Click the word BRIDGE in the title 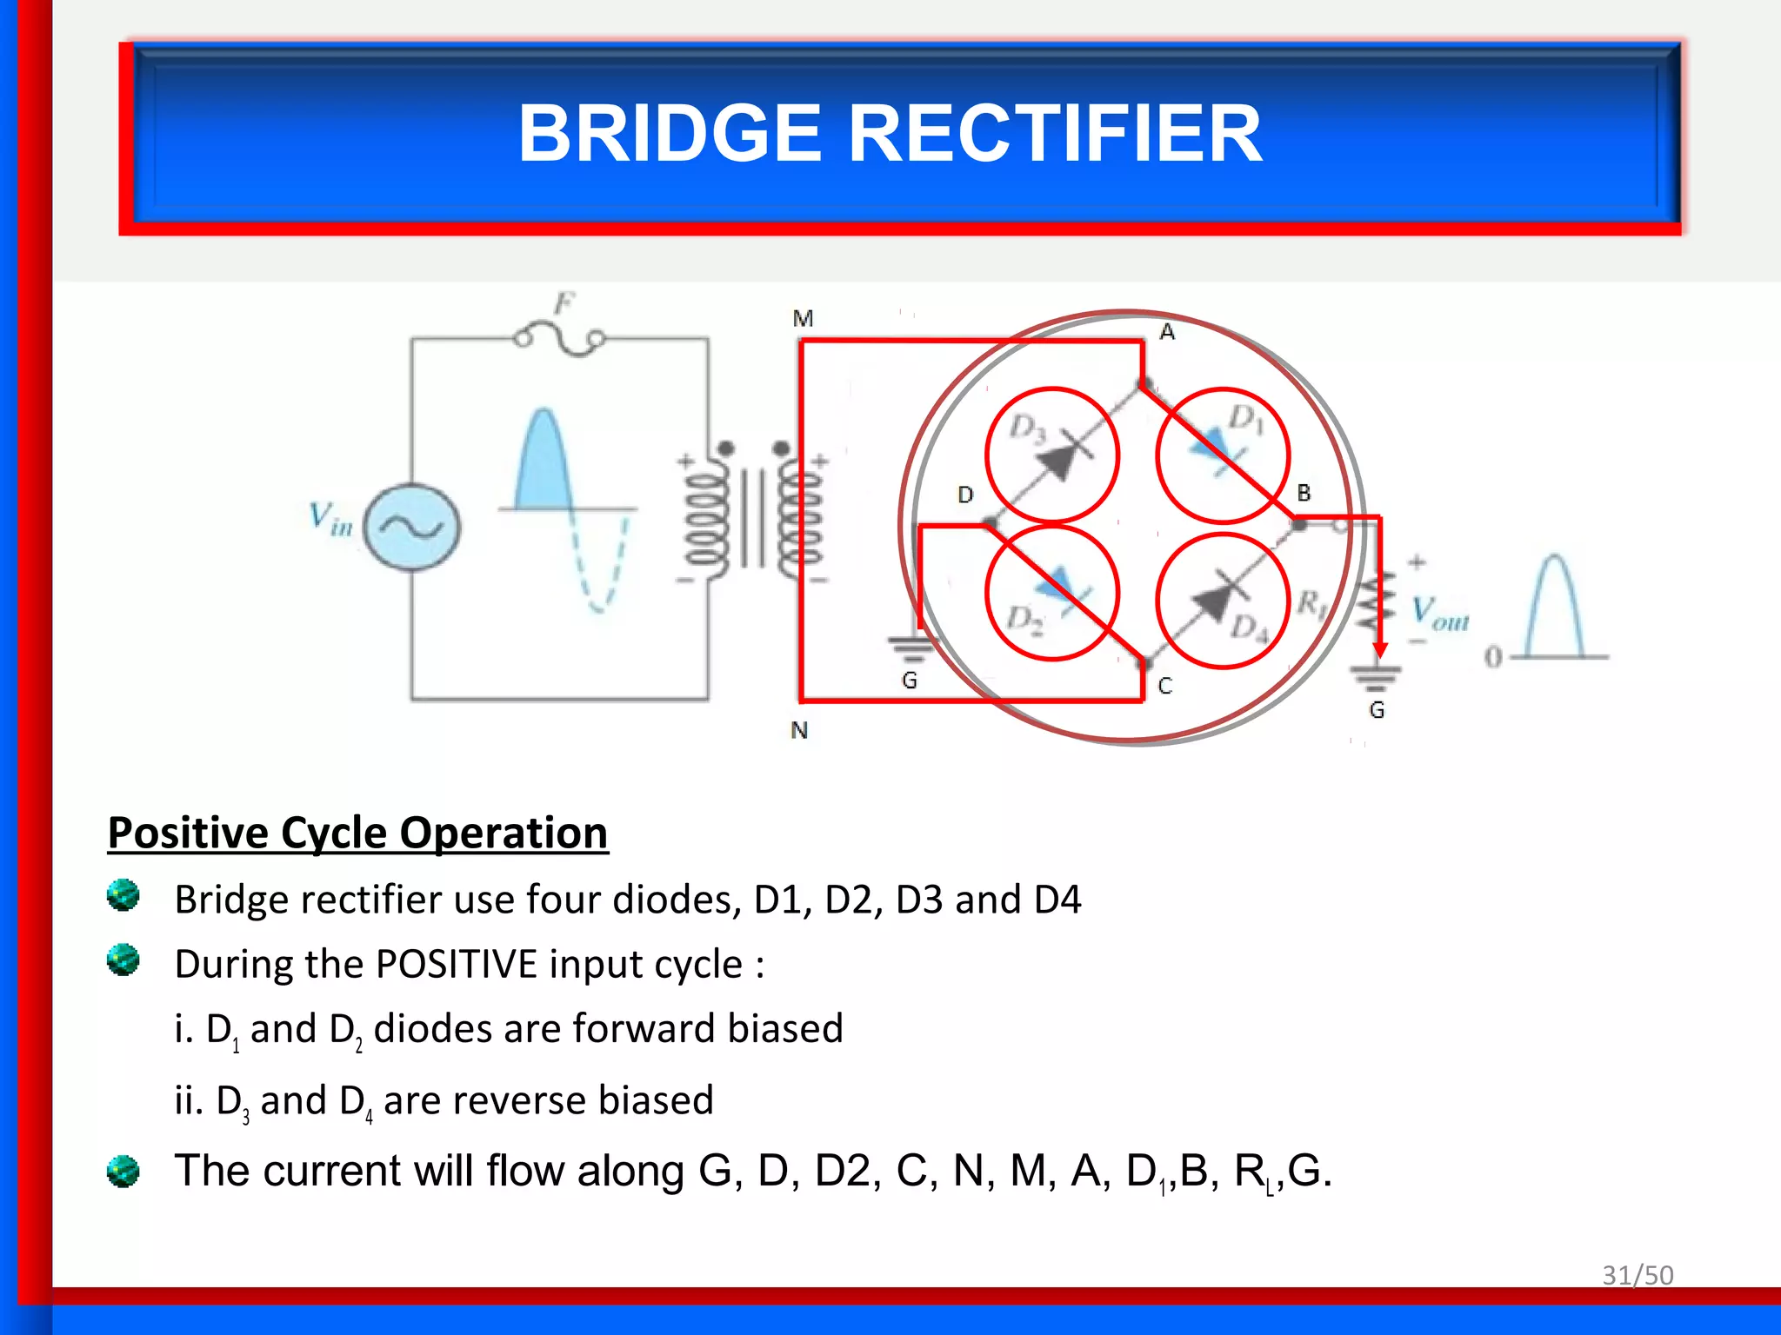tap(669, 134)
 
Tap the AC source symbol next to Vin tap(411, 527)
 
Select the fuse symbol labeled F tap(559, 339)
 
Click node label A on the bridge tap(1167, 332)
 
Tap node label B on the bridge tap(1304, 493)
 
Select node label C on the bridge tap(1165, 687)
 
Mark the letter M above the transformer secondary tap(803, 319)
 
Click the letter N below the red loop tap(799, 731)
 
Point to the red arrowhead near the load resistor tap(1379, 650)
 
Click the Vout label tap(1440, 613)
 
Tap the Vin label tap(330, 518)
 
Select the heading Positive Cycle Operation tap(357, 833)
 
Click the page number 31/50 tap(1638, 1275)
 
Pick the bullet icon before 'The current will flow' tap(123, 1171)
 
